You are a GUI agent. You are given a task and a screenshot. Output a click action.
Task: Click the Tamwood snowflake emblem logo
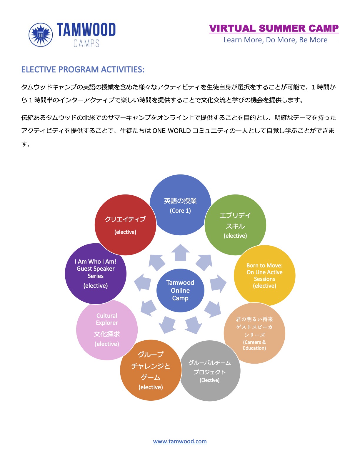click(x=41, y=35)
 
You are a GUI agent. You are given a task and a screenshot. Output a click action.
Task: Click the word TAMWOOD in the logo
click(x=86, y=30)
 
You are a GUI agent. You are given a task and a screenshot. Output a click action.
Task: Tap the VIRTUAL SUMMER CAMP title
click(x=274, y=28)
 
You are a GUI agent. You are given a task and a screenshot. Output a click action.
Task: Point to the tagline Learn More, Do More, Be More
click(x=275, y=40)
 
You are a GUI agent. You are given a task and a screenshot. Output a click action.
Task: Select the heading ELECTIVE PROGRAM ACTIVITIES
click(x=83, y=69)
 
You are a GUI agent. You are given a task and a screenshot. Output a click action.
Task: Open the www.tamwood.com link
click(x=180, y=441)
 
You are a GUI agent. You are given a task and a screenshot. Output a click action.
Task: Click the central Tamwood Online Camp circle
click(x=180, y=290)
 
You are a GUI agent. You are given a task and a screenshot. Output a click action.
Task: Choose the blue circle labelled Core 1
click(x=180, y=205)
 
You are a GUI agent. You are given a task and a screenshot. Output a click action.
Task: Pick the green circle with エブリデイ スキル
click(x=235, y=225)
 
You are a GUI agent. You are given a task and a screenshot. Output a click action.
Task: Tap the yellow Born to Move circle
click(x=265, y=275)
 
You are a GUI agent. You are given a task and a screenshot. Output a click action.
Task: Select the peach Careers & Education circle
click(x=254, y=333)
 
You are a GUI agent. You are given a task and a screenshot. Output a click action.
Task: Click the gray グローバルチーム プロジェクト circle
click(x=210, y=371)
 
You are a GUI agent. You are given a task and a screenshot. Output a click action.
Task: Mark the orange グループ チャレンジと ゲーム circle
click(x=151, y=370)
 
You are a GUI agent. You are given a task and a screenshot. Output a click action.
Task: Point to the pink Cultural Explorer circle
click(x=107, y=329)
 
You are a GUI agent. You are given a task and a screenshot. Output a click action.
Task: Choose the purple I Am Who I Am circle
click(x=96, y=274)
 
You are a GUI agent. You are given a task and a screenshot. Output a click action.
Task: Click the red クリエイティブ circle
click(x=125, y=225)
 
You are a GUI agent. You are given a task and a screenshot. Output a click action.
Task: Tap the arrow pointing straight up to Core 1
click(x=180, y=252)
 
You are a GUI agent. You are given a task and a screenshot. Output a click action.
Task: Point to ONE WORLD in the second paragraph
click(x=171, y=131)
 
